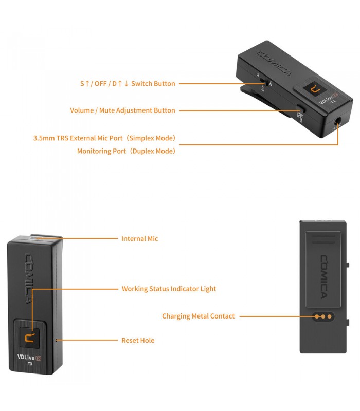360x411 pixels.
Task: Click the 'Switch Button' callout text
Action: [127, 83]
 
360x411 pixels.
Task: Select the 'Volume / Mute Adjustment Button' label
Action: [122, 110]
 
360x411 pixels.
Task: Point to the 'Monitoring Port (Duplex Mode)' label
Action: [126, 151]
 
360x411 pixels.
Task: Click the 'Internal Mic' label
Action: [139, 239]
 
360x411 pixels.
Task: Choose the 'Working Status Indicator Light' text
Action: [169, 289]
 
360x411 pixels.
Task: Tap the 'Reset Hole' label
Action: [138, 340]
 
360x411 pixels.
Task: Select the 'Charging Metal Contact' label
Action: [198, 316]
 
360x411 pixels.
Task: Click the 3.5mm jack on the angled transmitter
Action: [338, 124]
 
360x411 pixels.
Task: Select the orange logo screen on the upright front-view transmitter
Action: [31, 337]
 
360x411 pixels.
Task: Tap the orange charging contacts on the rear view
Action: [322, 316]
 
